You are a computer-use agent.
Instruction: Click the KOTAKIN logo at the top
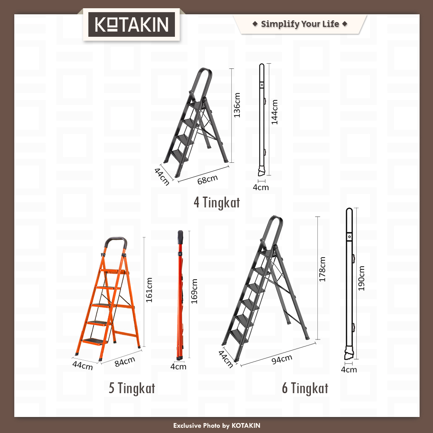click(132, 24)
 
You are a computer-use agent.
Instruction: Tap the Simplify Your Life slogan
click(300, 24)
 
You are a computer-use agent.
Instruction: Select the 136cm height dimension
click(237, 105)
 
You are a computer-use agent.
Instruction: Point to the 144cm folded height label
click(274, 112)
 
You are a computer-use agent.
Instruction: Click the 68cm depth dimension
click(207, 180)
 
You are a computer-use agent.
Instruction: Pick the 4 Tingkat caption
click(217, 202)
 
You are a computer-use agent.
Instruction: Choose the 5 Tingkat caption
click(132, 388)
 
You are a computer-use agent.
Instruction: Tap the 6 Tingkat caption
click(305, 388)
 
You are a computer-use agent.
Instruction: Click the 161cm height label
click(149, 290)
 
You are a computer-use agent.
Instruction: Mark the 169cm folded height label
click(194, 291)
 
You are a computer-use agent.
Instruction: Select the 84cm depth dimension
click(125, 362)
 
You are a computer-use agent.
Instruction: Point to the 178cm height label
click(322, 269)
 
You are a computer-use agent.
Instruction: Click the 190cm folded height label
click(361, 278)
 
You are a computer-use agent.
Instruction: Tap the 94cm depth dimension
click(282, 359)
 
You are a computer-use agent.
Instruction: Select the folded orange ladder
click(180, 295)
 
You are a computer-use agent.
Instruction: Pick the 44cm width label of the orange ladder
click(83, 365)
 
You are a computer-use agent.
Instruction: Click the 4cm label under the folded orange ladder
click(178, 367)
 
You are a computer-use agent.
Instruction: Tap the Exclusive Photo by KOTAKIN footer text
click(217, 426)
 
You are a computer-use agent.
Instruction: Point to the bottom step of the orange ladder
click(95, 342)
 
